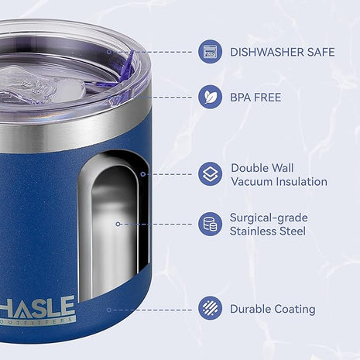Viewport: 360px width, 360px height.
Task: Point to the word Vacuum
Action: (x=252, y=182)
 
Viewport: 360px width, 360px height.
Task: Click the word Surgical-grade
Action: (x=267, y=218)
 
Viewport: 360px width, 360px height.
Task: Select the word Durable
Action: (x=249, y=310)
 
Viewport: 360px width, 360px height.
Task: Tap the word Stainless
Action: (x=253, y=231)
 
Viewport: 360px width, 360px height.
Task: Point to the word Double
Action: (x=252, y=168)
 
